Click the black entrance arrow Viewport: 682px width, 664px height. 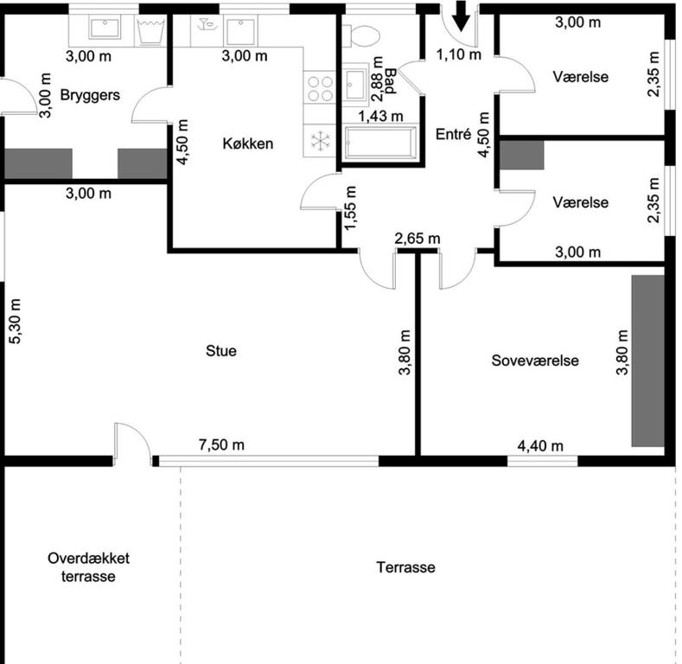point(461,16)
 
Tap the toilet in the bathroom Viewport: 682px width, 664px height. point(360,35)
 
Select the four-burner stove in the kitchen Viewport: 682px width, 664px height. point(320,88)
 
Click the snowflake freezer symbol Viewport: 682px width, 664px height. point(320,141)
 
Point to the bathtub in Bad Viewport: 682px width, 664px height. point(380,143)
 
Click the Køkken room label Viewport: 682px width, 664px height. point(248,144)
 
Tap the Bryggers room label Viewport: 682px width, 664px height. point(90,95)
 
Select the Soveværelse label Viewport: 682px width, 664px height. point(535,361)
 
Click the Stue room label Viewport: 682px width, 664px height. point(221,351)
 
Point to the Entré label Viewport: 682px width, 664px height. point(453,134)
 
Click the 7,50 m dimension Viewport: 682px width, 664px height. point(221,444)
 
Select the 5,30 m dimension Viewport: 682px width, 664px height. point(15,321)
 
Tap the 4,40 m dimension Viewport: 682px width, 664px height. point(540,445)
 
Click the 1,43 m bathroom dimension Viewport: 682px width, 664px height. point(380,116)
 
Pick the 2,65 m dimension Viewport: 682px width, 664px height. point(417,239)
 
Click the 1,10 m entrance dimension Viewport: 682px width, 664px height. point(459,54)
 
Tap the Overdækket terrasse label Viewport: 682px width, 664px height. point(88,567)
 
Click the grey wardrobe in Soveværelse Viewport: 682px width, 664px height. point(648,361)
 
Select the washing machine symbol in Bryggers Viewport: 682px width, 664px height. point(150,31)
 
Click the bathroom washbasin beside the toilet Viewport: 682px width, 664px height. point(355,85)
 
